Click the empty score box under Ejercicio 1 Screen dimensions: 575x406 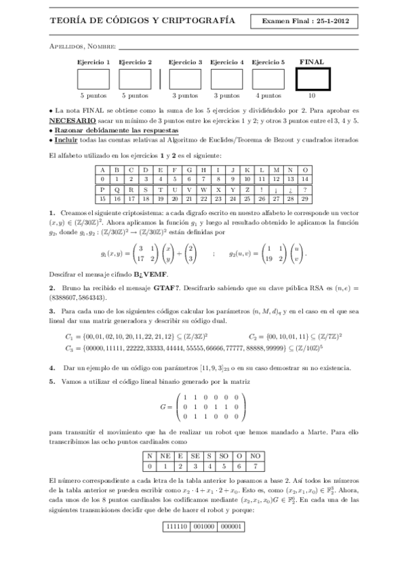pos(94,79)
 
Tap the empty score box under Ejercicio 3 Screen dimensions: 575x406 pos(185,79)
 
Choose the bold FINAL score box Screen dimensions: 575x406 pos(312,79)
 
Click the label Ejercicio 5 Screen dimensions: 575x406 pos(268,62)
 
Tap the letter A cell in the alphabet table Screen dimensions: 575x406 pos(102,170)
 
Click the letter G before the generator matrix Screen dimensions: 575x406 pos(163,406)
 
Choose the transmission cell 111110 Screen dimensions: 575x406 pos(179,526)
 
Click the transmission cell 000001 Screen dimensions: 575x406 pos(232,526)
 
